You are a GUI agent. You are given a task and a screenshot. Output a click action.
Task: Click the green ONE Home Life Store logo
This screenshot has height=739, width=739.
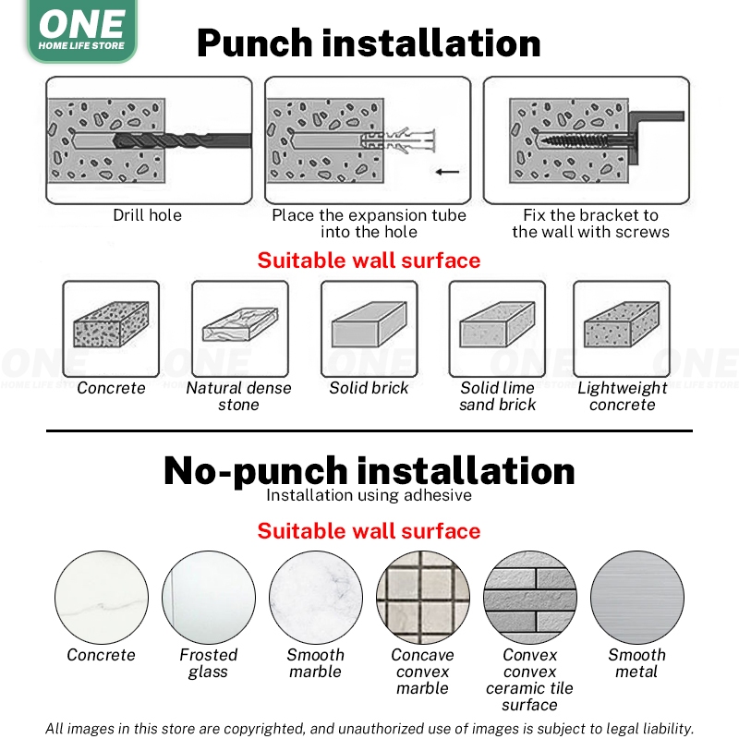(82, 30)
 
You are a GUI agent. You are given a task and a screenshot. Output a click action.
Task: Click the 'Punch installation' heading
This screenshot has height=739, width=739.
(369, 42)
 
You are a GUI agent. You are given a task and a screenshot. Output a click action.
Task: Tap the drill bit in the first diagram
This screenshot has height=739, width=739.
(182, 140)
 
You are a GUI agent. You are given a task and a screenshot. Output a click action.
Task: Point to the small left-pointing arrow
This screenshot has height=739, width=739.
(447, 172)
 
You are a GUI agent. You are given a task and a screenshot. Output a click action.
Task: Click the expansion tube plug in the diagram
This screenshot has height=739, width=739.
(398, 140)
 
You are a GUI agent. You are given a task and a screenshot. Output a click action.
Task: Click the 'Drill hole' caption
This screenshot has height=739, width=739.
(148, 215)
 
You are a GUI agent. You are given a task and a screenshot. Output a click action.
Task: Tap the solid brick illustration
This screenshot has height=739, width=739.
(369, 325)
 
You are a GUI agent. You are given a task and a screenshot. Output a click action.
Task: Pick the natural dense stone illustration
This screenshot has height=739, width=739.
(240, 324)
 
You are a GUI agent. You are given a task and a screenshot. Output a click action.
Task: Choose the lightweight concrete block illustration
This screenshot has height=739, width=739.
(622, 325)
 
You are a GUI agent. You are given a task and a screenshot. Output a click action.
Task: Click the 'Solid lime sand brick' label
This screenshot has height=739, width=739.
(497, 396)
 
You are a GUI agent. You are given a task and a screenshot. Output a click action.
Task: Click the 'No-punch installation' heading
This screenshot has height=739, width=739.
(369, 471)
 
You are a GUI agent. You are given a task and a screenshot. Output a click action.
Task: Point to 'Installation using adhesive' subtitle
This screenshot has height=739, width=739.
(369, 495)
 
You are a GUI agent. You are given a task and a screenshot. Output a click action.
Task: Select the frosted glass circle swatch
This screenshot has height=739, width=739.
(209, 598)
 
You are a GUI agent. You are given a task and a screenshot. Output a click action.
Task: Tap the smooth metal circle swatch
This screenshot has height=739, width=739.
(637, 598)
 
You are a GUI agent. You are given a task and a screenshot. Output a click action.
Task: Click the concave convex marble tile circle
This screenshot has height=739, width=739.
(423, 598)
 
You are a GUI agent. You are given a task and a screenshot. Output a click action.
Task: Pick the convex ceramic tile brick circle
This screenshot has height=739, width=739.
(530, 598)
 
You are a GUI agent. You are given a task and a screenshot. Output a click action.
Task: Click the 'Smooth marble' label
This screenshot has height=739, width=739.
(315, 662)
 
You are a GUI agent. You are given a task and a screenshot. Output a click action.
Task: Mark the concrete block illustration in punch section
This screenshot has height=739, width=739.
(111, 325)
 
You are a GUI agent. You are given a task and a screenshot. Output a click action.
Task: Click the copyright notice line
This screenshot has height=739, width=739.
(369, 729)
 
